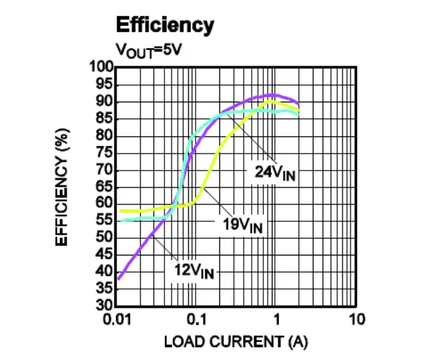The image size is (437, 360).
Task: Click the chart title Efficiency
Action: pos(165,25)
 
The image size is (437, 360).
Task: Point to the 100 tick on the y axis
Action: pos(102,67)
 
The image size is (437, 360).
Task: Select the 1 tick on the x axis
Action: pos(277,319)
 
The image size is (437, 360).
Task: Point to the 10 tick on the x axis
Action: pos(357,319)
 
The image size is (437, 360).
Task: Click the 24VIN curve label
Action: pos(275,172)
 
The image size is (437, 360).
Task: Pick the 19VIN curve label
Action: pos(243,225)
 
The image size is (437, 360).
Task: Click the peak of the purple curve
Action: pos(271,95)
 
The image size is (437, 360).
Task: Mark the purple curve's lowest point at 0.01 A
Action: pos(118,279)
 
